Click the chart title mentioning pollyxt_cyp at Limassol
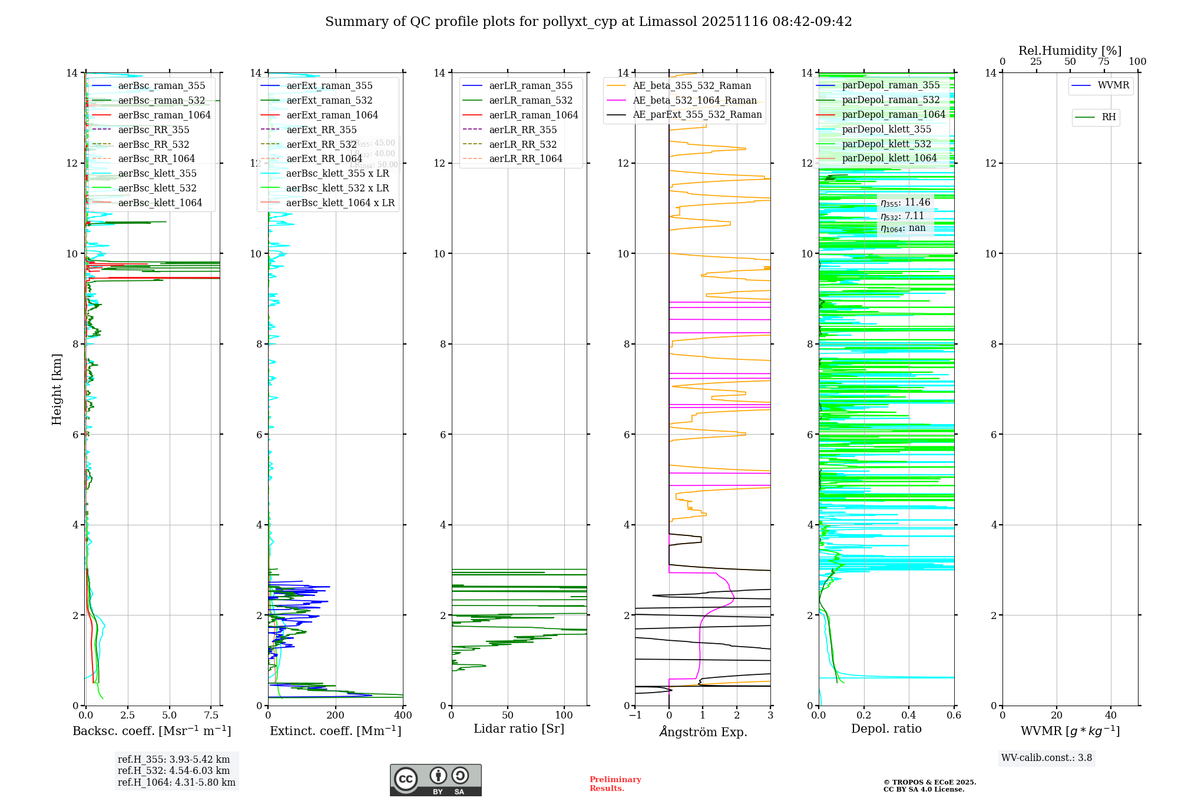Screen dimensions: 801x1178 pyautogui.click(x=588, y=22)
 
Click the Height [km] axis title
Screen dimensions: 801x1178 pyautogui.click(x=57, y=389)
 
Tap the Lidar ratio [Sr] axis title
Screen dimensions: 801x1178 pyautogui.click(x=519, y=729)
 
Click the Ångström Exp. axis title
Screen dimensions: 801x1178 pyautogui.click(x=703, y=732)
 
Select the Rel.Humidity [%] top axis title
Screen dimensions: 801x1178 pyautogui.click(x=1070, y=51)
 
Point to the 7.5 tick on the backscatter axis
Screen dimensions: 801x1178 pyautogui.click(x=211, y=715)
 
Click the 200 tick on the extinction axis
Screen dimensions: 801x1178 pyautogui.click(x=336, y=715)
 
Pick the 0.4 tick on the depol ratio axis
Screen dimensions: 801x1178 pyautogui.click(x=909, y=715)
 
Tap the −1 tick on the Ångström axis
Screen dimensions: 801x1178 pyautogui.click(x=635, y=715)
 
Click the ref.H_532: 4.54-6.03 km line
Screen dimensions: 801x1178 pyautogui.click(x=174, y=770)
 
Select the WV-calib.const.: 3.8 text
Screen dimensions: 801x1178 pyautogui.click(x=1047, y=758)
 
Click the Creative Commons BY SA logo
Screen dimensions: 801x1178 pyautogui.click(x=435, y=780)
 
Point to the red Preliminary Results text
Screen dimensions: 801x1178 pyautogui.click(x=615, y=784)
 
